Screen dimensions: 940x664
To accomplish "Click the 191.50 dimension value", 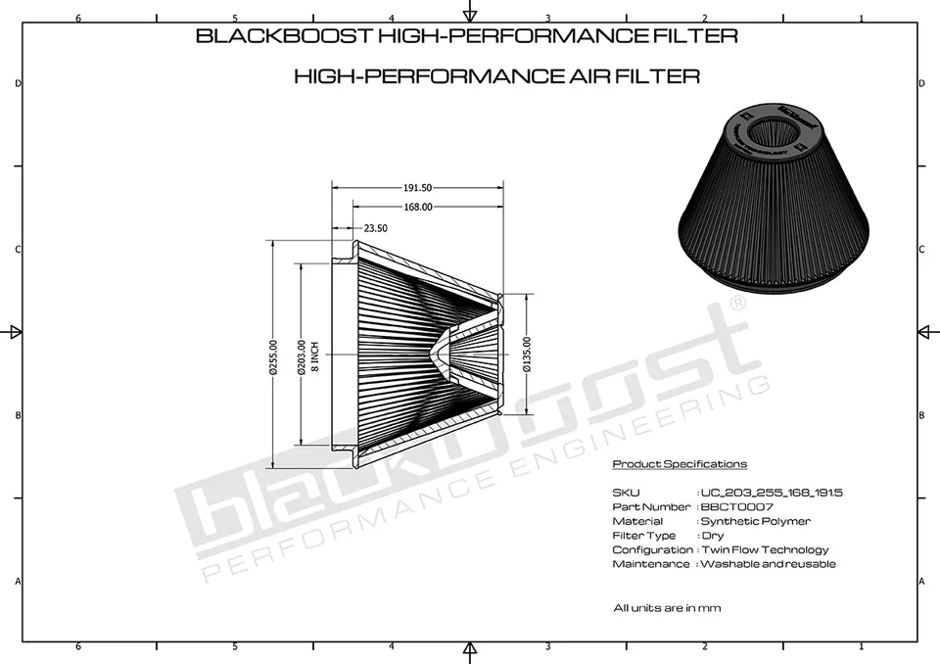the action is tap(417, 188).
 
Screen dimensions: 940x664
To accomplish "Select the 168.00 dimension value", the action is tap(418, 207).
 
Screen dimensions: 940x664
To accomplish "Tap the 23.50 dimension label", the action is tap(375, 228).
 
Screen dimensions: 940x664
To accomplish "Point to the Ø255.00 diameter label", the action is tap(273, 356).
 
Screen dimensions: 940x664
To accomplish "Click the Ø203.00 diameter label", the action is tap(302, 357).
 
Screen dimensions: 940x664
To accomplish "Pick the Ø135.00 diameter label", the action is tap(527, 354).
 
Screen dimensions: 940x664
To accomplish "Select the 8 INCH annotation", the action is tap(315, 356).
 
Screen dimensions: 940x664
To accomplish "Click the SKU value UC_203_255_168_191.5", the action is tap(772, 493).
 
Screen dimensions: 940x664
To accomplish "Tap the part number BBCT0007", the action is tap(736, 507).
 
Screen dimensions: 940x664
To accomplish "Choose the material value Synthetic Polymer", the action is tap(755, 521).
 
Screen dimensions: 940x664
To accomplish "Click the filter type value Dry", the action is tap(713, 536).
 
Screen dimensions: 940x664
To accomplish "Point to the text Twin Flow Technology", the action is tap(765, 550).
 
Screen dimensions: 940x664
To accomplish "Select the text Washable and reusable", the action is tap(768, 564).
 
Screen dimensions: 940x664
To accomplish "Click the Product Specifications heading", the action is tap(680, 463).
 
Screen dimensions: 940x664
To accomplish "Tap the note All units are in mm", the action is tap(667, 607).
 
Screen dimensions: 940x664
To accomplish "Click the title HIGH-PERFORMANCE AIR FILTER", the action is tap(497, 76).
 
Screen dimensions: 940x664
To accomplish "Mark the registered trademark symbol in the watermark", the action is tap(738, 302).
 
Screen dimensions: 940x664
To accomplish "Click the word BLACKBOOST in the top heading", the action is tap(285, 35).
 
